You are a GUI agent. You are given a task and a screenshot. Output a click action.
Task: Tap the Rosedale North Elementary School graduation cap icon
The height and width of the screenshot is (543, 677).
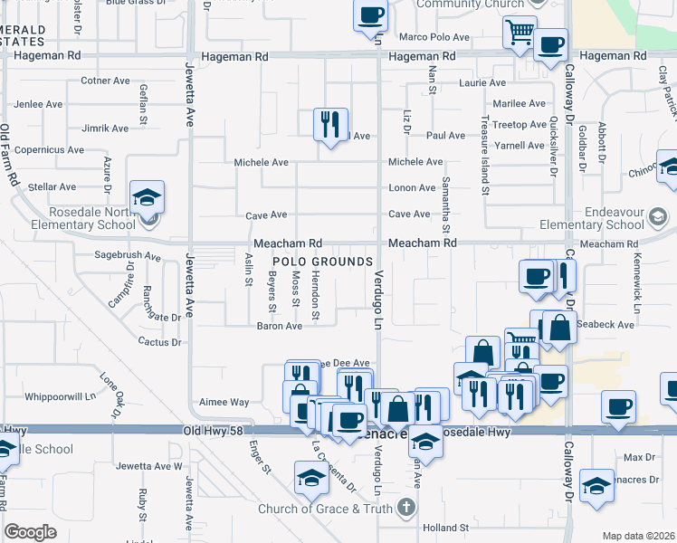coord(147,197)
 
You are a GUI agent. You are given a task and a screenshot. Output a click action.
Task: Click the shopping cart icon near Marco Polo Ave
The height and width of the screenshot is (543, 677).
coord(520,32)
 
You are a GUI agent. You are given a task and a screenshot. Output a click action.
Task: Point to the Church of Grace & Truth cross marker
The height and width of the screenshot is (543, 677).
coord(407,509)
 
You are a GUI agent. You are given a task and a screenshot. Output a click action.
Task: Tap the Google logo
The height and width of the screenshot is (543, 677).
coord(31,531)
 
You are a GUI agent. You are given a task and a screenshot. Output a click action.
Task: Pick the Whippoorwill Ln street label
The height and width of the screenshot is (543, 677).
coord(61,396)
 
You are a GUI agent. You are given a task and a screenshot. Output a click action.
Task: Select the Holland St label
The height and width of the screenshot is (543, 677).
coord(444,527)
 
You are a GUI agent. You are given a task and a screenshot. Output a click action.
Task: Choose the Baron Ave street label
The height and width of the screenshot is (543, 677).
coord(279,326)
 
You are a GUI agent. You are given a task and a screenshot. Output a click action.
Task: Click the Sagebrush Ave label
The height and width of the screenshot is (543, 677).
coord(128,256)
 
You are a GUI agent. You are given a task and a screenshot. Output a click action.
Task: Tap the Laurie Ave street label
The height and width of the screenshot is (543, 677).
coord(482,83)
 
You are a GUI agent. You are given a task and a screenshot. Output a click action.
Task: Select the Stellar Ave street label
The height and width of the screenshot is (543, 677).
coord(52,186)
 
